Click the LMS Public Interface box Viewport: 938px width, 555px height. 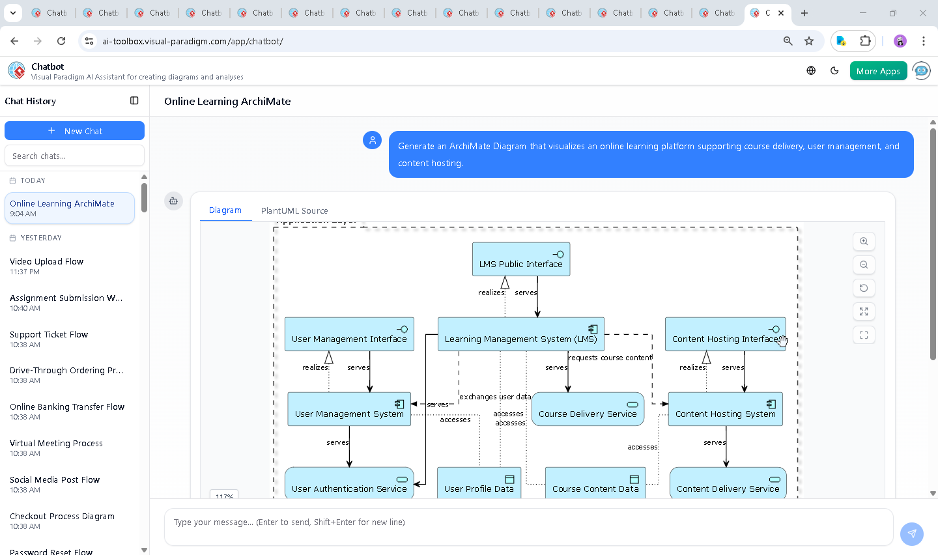[520, 259]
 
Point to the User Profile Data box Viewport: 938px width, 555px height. [479, 483]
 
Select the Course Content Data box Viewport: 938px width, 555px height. [595, 483]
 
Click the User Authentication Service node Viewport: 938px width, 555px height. [349, 483]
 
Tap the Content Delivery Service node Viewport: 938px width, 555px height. [728, 483]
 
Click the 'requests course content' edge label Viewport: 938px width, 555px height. [610, 358]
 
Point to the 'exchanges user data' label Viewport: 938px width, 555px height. [495, 397]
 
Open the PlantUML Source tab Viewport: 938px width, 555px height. [294, 210]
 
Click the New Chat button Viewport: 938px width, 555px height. [74, 131]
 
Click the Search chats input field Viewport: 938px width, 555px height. [74, 156]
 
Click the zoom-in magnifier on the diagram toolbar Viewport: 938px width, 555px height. [864, 242]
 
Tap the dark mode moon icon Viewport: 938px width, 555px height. [834, 71]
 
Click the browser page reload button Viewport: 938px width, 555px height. [61, 41]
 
